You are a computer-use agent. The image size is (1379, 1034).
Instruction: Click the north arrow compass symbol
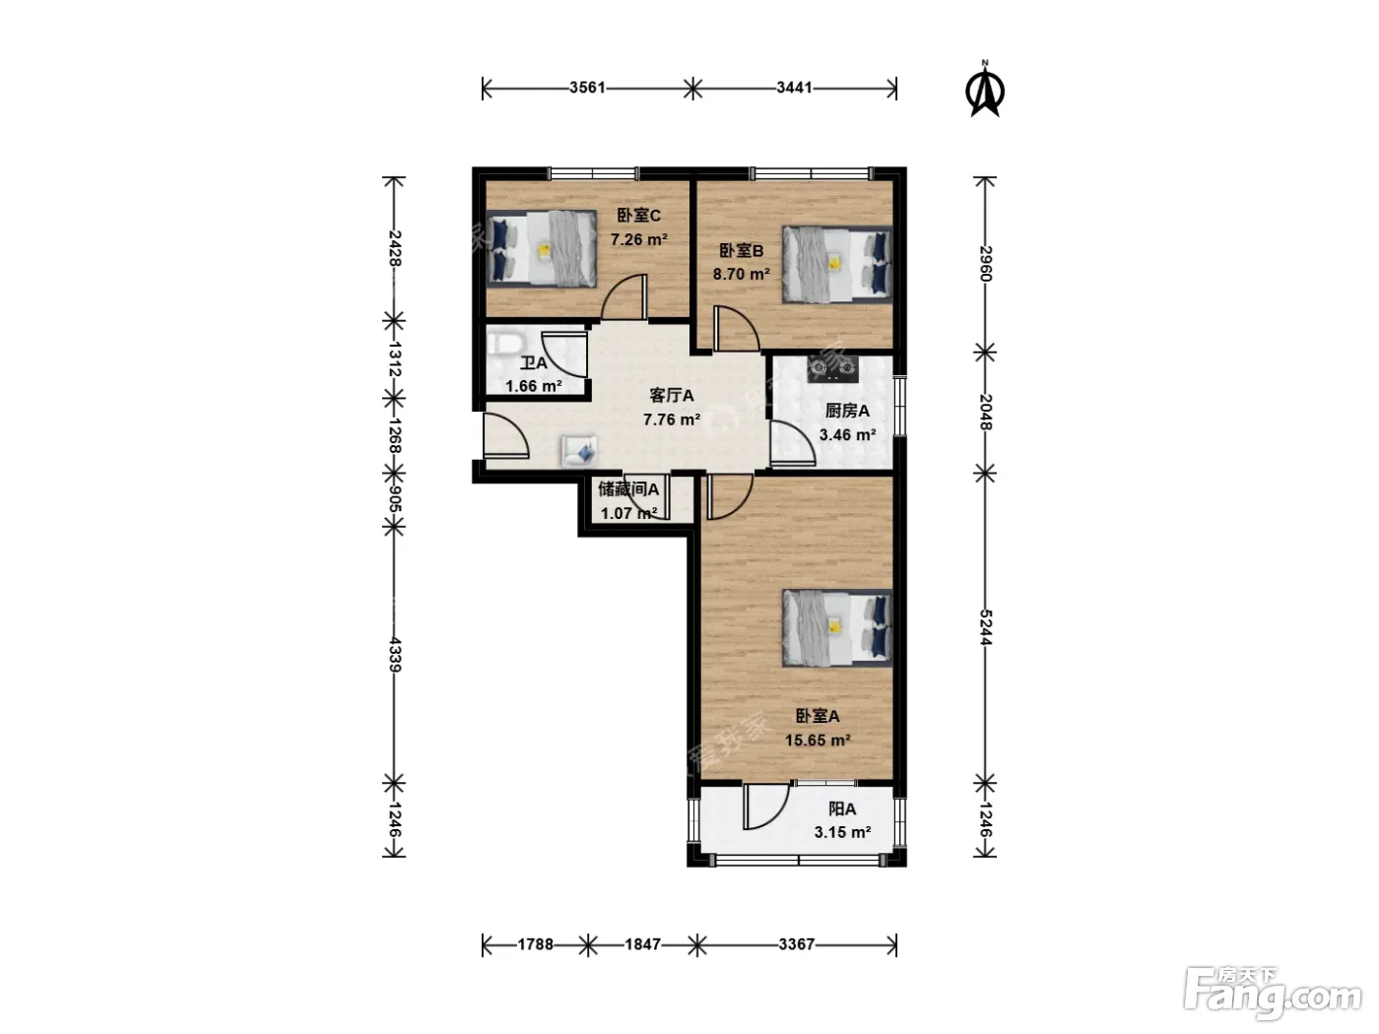pyautogui.click(x=984, y=90)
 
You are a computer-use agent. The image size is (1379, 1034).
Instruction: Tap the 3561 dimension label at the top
pyautogui.click(x=587, y=88)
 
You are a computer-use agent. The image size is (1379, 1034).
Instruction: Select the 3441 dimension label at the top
pyautogui.click(x=794, y=88)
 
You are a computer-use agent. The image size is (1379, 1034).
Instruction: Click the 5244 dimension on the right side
pyautogui.click(x=984, y=627)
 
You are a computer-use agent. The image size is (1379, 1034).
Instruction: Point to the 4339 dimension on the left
pyautogui.click(x=395, y=655)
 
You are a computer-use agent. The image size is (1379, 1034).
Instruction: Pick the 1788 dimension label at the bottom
pyautogui.click(x=535, y=944)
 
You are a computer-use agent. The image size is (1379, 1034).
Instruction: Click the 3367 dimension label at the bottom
pyautogui.click(x=796, y=944)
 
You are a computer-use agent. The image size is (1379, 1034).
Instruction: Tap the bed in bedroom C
pyautogui.click(x=542, y=248)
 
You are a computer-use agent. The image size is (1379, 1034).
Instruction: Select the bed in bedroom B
pyautogui.click(x=837, y=264)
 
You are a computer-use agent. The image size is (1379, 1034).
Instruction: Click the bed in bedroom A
pyautogui.click(x=837, y=628)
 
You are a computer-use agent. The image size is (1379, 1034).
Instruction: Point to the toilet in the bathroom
pyautogui.click(x=505, y=345)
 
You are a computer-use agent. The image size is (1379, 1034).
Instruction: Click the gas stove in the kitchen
pyautogui.click(x=833, y=369)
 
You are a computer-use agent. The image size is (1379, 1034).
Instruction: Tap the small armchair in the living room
pyautogui.click(x=579, y=451)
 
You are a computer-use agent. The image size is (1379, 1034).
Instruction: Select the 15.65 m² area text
pyautogui.click(x=818, y=741)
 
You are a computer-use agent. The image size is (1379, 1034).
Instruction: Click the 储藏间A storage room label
pyautogui.click(x=628, y=488)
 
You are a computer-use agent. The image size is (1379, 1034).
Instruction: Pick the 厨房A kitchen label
pyautogui.click(x=847, y=412)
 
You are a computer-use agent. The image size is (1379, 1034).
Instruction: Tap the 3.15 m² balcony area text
pyautogui.click(x=842, y=832)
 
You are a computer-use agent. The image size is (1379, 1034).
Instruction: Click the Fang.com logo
pyautogui.click(x=1273, y=995)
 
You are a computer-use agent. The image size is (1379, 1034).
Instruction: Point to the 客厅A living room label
pyautogui.click(x=671, y=396)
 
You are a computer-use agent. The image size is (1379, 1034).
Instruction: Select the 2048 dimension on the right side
pyautogui.click(x=984, y=412)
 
